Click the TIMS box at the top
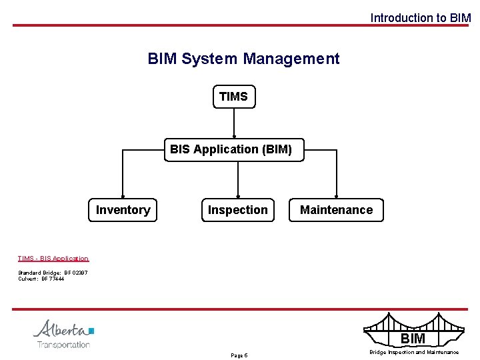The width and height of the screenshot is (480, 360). click(233, 97)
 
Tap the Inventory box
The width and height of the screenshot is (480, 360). click(123, 210)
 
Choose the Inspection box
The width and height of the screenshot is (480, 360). click(238, 210)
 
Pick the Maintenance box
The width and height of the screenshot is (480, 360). click(336, 210)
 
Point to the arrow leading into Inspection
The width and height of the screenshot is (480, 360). click(238, 180)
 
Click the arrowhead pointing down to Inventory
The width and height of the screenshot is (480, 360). click(123, 195)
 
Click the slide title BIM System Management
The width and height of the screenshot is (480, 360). click(243, 59)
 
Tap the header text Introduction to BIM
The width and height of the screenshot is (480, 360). click(420, 18)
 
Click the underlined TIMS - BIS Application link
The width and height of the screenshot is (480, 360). click(53, 259)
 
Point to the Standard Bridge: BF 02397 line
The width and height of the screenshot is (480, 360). click(53, 273)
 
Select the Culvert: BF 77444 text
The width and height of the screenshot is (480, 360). click(41, 279)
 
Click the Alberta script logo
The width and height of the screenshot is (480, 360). click(60, 329)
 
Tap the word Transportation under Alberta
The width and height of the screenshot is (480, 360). click(63, 345)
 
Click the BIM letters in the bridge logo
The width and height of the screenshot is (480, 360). click(413, 339)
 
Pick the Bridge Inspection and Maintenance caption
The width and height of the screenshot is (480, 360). click(414, 352)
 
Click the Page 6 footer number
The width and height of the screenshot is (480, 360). click(239, 355)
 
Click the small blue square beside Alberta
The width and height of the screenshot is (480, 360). click(91, 330)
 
